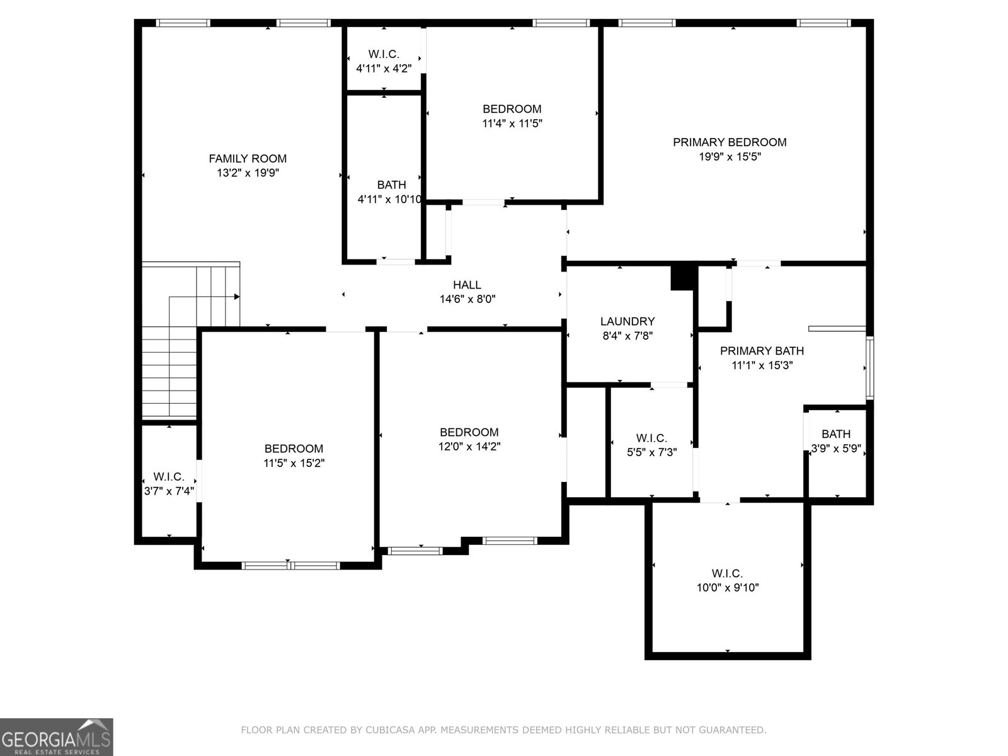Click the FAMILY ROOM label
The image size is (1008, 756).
pos(248,159)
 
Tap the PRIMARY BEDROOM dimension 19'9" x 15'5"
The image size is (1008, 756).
pos(730,157)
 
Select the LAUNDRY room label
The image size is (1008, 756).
pos(627,321)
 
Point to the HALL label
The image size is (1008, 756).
pos(467,285)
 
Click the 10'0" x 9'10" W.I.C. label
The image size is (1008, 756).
pos(727,580)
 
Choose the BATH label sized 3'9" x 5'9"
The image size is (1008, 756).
pos(836,434)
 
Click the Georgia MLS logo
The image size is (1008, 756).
pos(57,736)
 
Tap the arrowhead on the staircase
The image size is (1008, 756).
pos(237,296)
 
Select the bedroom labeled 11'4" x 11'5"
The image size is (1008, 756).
pos(512,116)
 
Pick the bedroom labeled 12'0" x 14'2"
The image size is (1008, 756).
pos(469,439)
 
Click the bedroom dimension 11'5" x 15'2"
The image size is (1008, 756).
pos(294,463)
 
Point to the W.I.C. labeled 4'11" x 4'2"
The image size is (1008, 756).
pos(384,61)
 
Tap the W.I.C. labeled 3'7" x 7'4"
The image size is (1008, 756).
pos(168,483)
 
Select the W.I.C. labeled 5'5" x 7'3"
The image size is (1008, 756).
pos(651,444)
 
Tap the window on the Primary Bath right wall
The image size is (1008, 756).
pos(869,368)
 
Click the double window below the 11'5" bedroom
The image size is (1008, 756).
pos(291,565)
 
